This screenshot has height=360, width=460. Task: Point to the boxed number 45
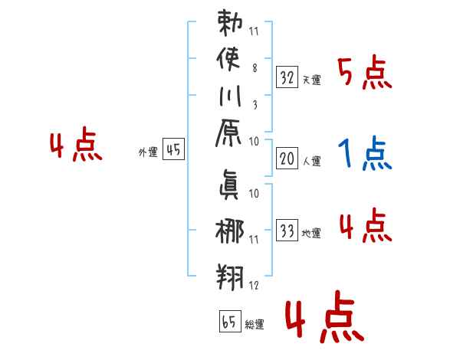pyautogui.click(x=173, y=150)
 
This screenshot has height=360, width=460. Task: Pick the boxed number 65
pyautogui.click(x=229, y=321)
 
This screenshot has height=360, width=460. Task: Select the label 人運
pyautogui.click(x=312, y=162)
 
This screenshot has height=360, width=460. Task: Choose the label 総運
pyautogui.click(x=254, y=325)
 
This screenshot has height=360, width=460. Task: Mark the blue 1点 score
pyautogui.click(x=364, y=154)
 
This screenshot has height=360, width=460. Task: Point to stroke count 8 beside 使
pyautogui.click(x=254, y=67)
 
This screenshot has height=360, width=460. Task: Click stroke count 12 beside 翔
pyautogui.click(x=254, y=285)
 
